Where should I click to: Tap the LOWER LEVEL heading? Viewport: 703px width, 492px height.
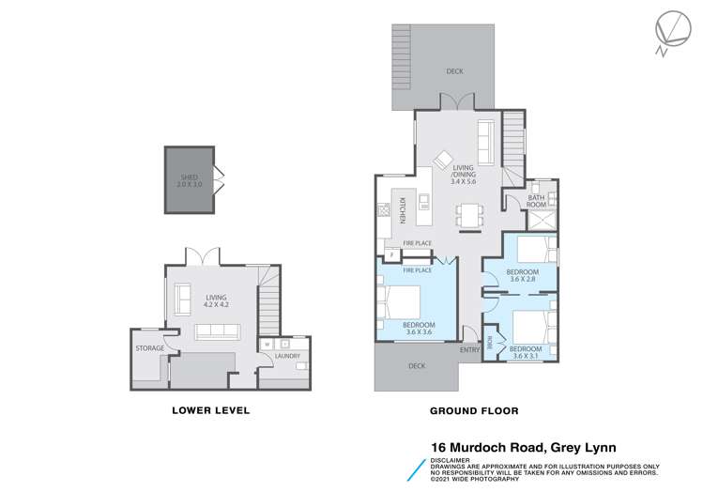(211, 410)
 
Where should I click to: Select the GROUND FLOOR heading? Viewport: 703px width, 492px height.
(474, 410)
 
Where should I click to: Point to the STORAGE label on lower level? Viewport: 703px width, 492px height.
(150, 348)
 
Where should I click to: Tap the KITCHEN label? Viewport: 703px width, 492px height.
(401, 210)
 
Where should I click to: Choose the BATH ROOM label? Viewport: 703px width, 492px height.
(536, 201)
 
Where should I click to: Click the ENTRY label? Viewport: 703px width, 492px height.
(469, 350)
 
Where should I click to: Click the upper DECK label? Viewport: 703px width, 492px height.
(455, 70)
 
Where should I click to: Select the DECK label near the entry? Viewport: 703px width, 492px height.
(417, 365)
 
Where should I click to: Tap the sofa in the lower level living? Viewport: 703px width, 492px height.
(217, 331)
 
